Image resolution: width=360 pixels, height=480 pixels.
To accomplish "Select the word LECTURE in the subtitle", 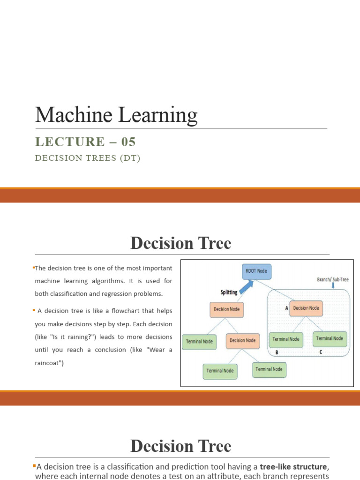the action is click(x=70, y=142).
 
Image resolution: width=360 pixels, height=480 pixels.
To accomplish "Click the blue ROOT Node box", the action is click(x=256, y=271).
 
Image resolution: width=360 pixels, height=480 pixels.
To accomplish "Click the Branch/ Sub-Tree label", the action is click(x=333, y=279).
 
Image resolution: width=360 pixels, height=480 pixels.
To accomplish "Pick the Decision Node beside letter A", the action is click(x=306, y=308).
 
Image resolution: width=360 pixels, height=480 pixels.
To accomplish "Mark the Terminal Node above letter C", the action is click(x=330, y=338).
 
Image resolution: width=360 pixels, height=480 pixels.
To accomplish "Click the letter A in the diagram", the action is click(x=286, y=308).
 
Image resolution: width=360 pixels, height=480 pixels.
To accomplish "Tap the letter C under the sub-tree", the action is click(x=320, y=352).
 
